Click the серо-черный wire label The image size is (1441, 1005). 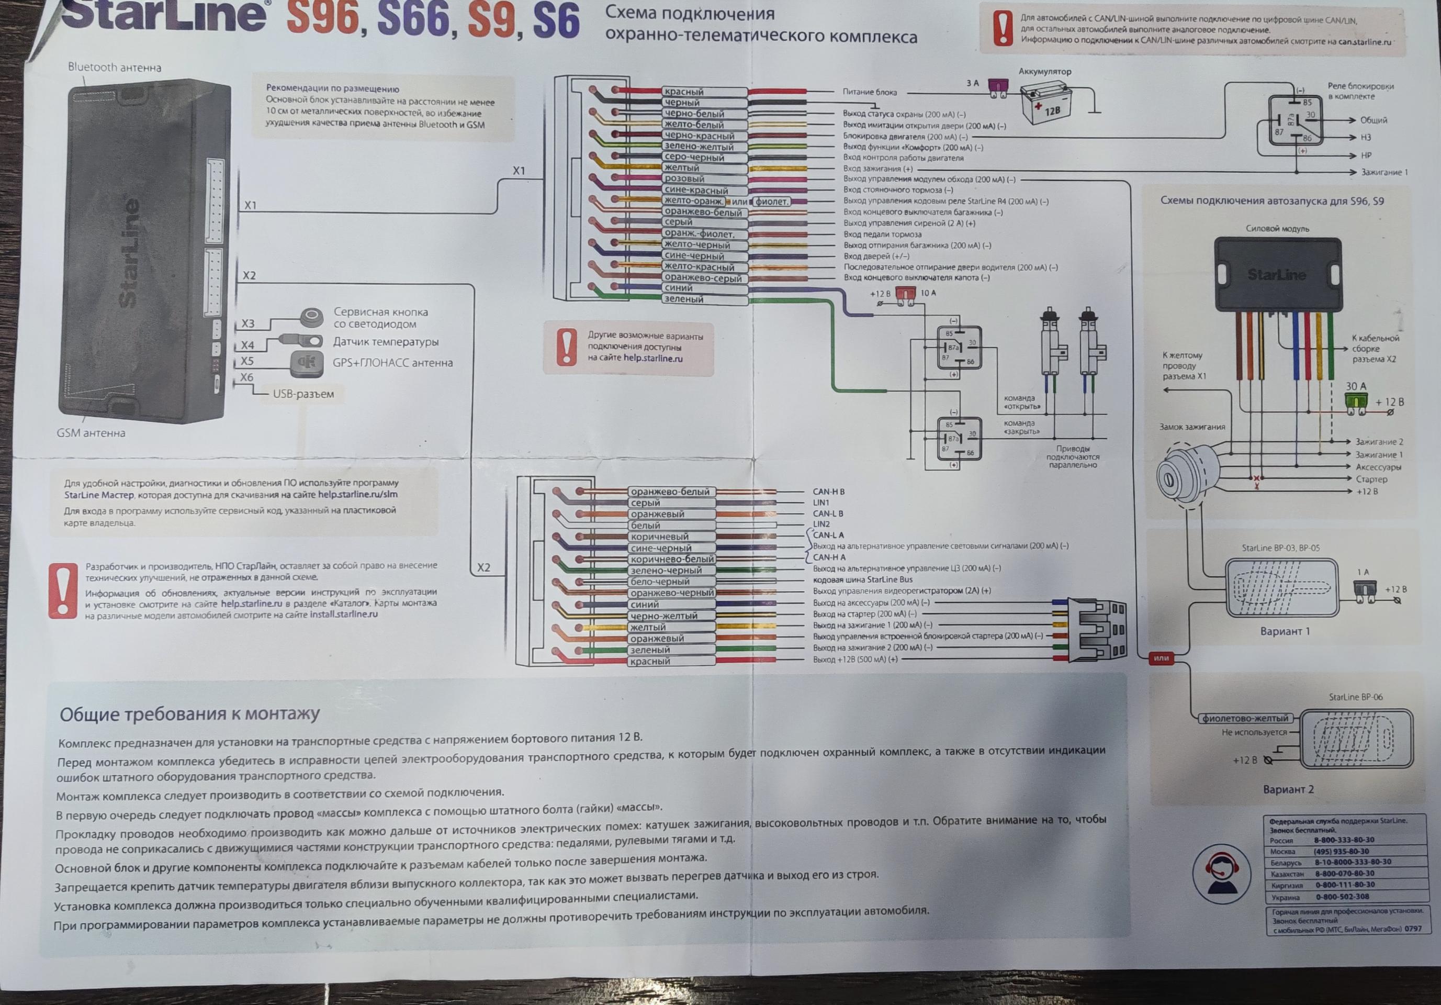tap(694, 158)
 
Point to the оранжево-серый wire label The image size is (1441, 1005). tap(703, 278)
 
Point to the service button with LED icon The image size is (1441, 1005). tap(311, 317)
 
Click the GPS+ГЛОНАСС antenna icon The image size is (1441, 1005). tap(306, 363)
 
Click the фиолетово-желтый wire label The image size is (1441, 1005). tap(1245, 719)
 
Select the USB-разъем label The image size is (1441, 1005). tap(303, 394)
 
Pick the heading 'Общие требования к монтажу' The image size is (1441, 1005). tap(189, 714)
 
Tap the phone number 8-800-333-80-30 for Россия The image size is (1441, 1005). tap(1344, 840)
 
